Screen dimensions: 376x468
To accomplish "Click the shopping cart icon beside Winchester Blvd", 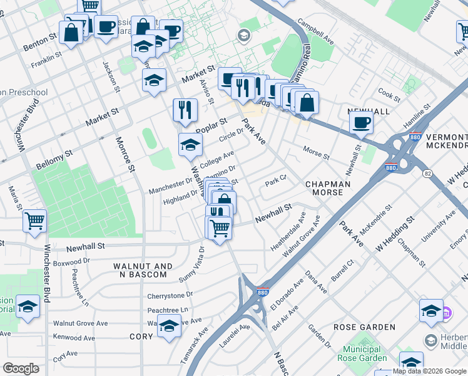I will (x=34, y=221).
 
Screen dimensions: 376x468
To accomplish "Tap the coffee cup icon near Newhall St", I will (x=361, y=123).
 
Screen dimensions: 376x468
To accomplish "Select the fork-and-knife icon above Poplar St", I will (x=185, y=110).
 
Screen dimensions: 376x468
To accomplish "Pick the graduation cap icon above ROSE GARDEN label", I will (x=431, y=311).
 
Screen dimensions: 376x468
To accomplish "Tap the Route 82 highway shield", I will (x=427, y=173).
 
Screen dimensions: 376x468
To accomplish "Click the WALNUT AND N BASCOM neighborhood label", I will (x=143, y=270).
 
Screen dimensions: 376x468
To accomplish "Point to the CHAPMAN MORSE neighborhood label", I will (x=324, y=188).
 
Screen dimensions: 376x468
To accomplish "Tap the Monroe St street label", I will (x=125, y=154).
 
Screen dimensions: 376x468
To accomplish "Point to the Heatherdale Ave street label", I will (x=288, y=232).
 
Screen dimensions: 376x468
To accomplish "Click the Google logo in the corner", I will (x=21, y=368).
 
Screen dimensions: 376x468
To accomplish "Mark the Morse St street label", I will (x=315, y=152).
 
